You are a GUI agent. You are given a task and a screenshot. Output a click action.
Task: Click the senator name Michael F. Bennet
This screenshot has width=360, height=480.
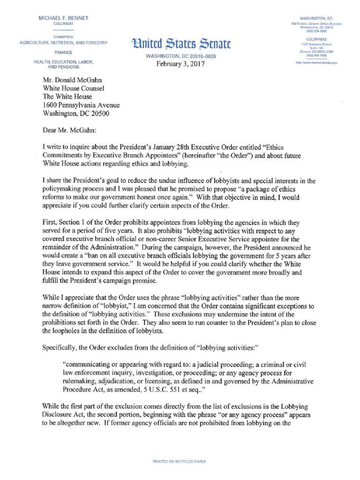[63, 18]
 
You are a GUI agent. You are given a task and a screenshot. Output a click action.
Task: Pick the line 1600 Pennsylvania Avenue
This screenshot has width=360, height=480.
[81, 105]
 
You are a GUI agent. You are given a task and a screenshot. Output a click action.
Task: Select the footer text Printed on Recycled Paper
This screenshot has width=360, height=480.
[180, 462]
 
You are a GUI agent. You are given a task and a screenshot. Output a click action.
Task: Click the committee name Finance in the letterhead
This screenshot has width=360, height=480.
[63, 52]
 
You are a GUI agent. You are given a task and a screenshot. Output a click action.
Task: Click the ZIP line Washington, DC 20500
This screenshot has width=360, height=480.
[78, 113]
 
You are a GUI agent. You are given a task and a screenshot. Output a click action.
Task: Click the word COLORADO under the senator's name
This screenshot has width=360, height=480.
[63, 23]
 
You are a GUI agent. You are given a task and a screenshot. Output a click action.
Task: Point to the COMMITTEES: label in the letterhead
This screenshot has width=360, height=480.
[63, 36]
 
